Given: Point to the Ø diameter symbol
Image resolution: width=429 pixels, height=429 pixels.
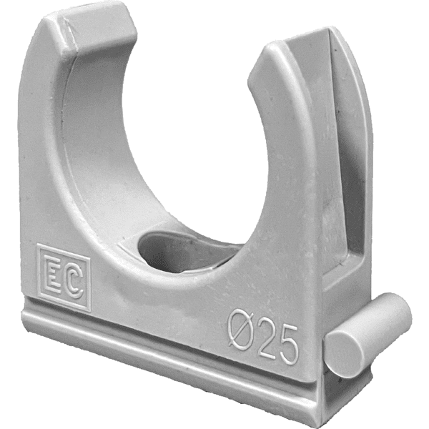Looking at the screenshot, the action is pos(242,330).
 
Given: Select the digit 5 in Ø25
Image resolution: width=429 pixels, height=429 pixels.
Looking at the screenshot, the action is pos(287,345).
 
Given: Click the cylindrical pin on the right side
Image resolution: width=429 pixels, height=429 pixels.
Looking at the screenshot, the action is pos(368,335).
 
